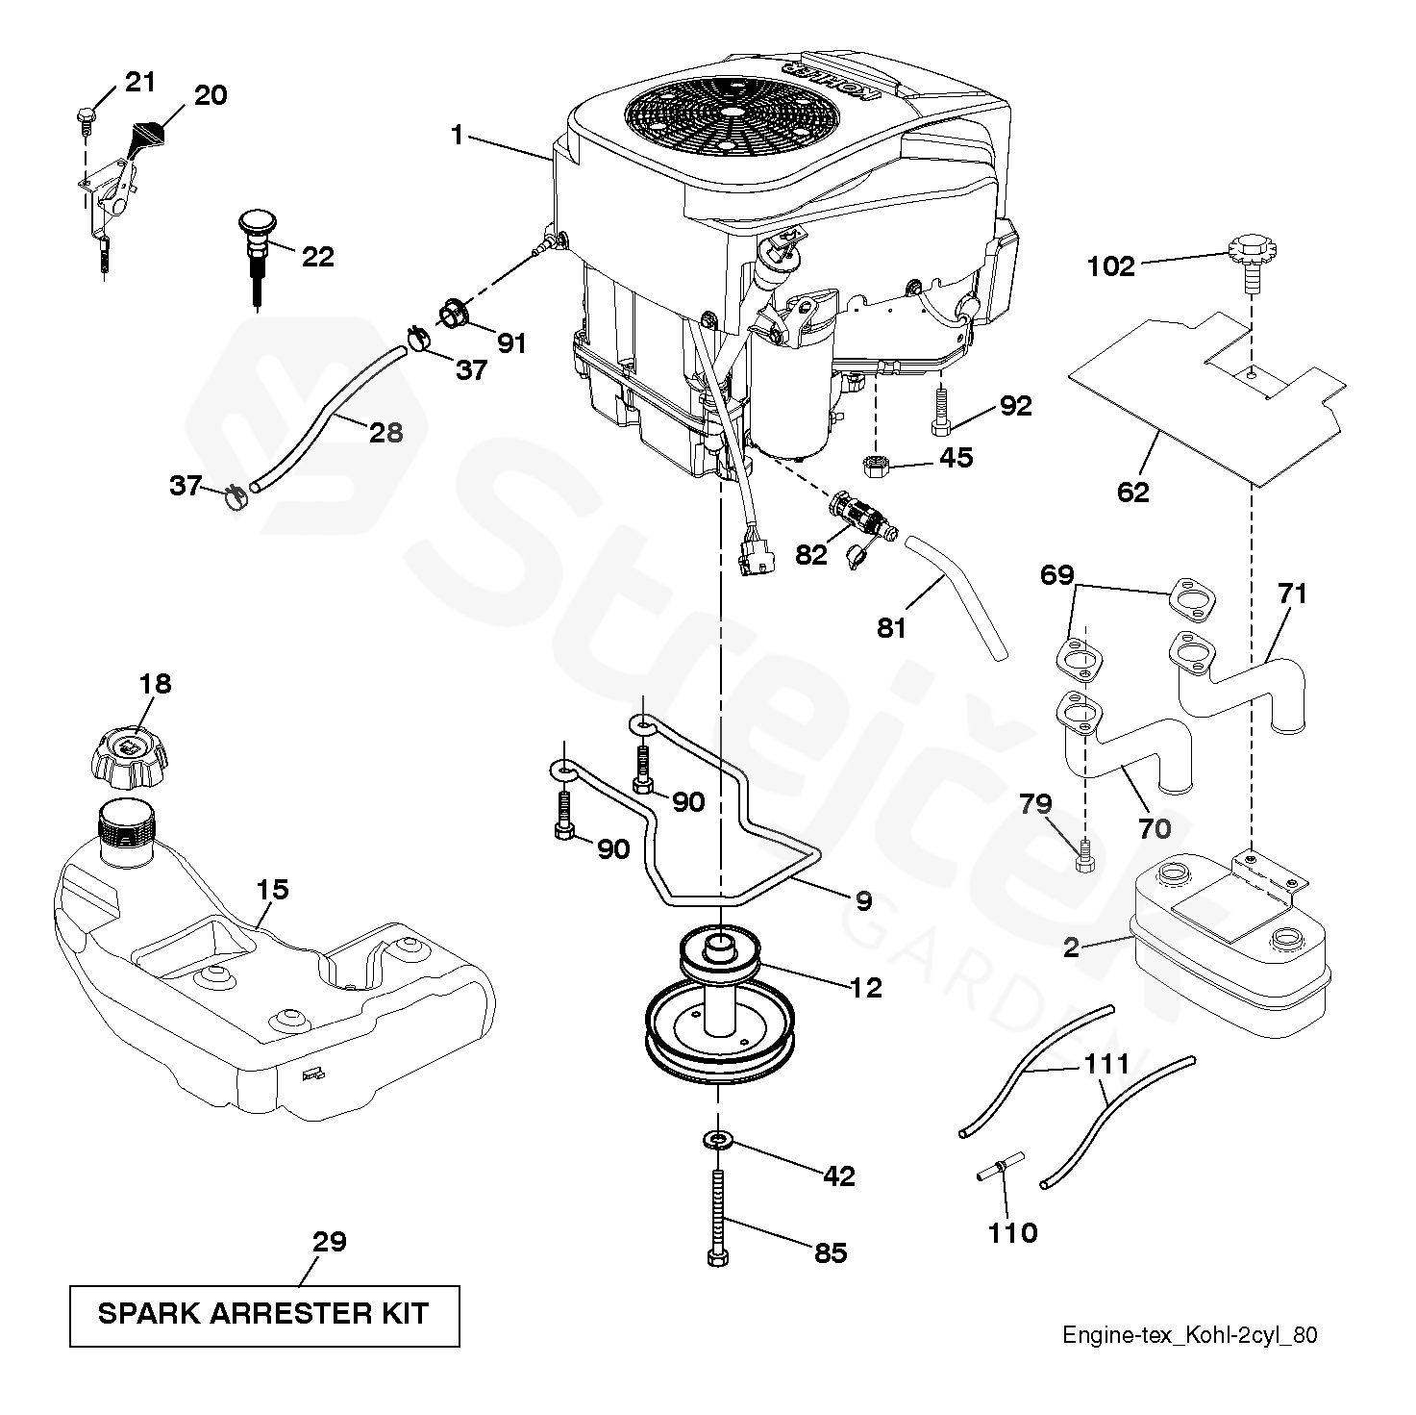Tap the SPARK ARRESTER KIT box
point(264,1313)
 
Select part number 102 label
point(1111,265)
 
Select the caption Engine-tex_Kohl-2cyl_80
point(1189,1335)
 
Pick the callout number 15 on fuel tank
point(273,889)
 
